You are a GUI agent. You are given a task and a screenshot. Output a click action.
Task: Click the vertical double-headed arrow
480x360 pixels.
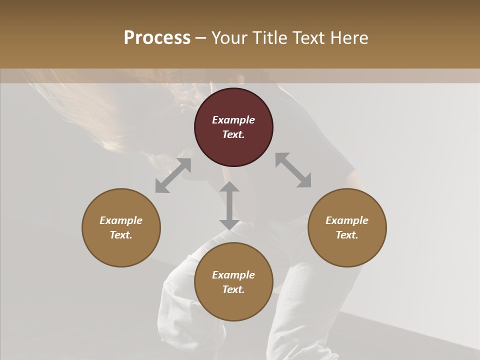[229, 205]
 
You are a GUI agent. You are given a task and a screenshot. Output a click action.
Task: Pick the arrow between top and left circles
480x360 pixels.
[173, 175]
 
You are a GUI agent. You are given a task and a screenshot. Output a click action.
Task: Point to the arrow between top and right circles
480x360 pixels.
[293, 170]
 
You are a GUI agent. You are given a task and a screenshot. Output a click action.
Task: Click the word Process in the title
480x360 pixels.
[157, 37]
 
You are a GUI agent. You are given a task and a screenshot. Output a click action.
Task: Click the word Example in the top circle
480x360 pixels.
[233, 120]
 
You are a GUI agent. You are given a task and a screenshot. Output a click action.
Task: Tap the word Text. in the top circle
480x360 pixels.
[233, 134]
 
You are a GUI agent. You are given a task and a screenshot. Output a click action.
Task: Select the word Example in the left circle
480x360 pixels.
[121, 220]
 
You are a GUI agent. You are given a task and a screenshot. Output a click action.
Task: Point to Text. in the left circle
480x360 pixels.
[121, 235]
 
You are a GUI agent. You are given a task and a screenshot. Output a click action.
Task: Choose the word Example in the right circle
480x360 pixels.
[347, 220]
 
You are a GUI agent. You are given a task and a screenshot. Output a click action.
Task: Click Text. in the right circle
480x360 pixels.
[347, 235]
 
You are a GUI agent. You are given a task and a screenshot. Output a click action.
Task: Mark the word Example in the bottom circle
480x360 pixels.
[233, 275]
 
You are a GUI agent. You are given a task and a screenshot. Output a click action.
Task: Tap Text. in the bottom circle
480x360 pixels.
[233, 289]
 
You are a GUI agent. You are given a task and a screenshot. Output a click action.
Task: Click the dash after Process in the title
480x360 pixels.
[201, 38]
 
